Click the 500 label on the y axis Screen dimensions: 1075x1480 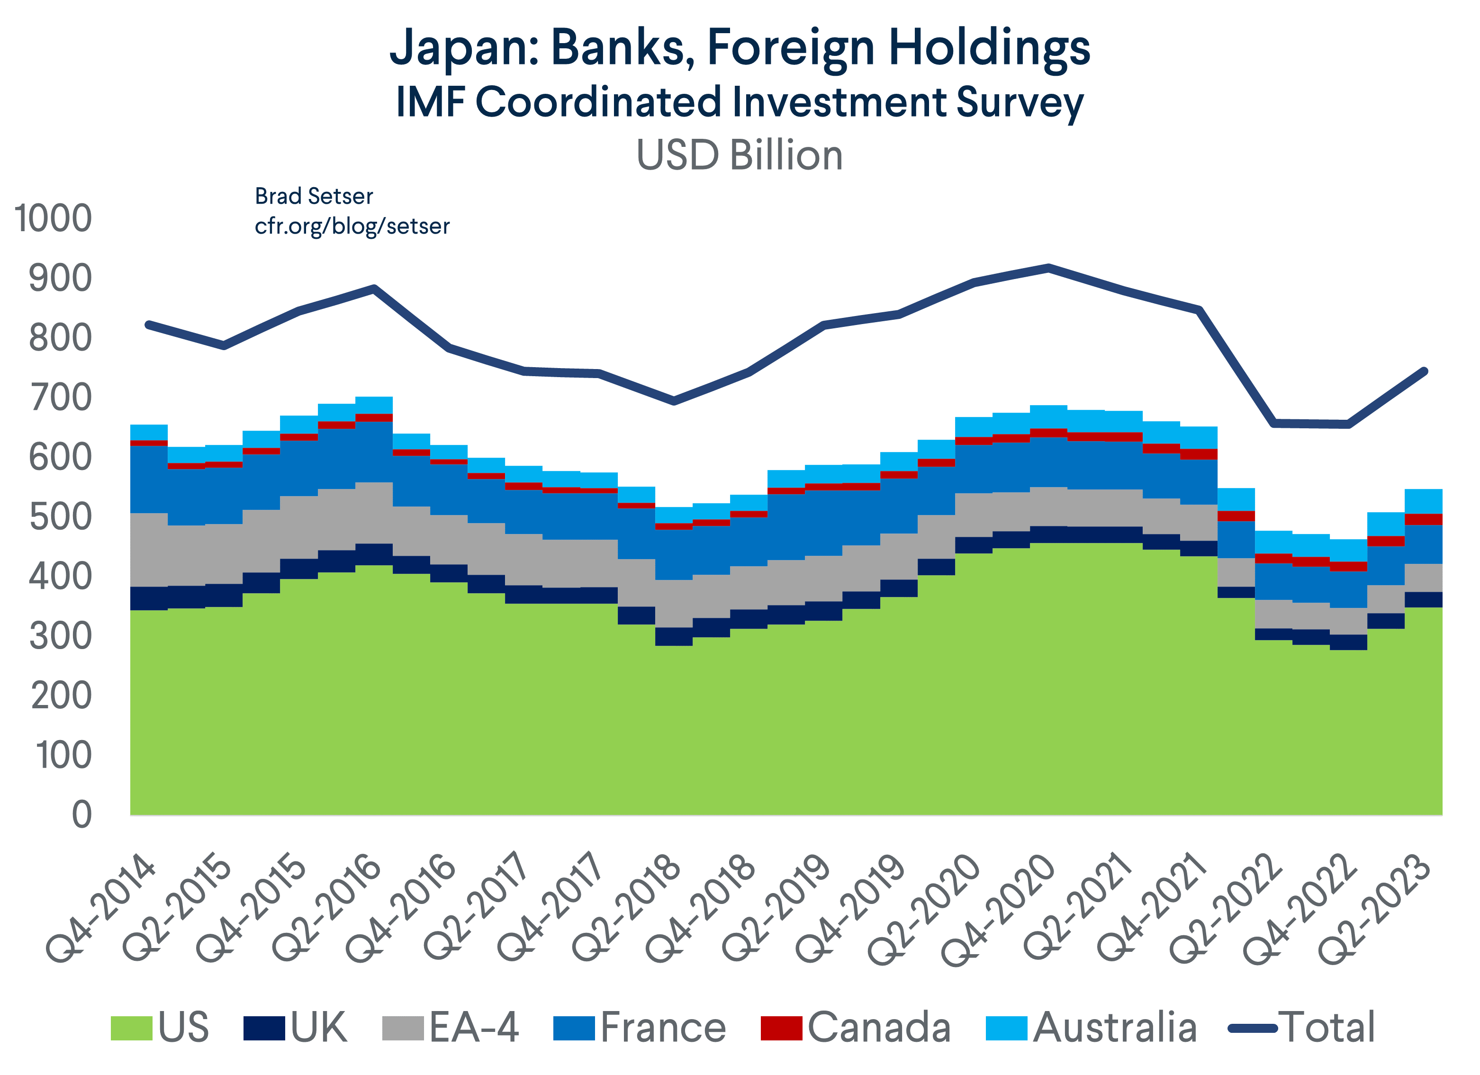(60, 516)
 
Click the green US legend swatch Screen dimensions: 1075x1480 (131, 1028)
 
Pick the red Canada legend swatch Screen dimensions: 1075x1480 (781, 1028)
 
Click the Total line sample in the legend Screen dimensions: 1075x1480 (1252, 1028)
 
